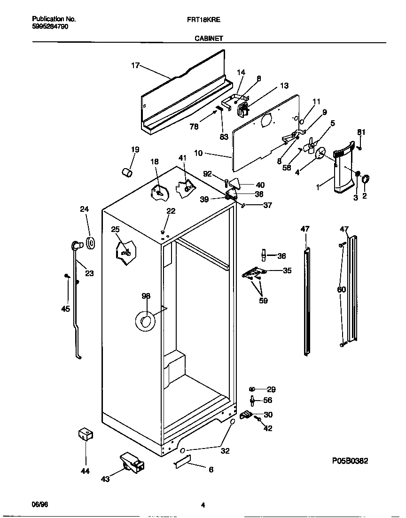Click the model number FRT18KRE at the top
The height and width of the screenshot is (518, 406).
[207, 20]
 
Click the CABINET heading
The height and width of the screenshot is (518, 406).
[209, 39]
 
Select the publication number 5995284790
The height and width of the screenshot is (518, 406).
[50, 27]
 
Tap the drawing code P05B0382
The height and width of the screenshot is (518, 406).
[343, 461]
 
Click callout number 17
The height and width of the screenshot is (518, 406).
[135, 66]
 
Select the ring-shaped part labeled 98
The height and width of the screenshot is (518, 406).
[145, 321]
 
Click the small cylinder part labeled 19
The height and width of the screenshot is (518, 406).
[126, 172]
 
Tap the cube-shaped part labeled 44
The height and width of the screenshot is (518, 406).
[85, 435]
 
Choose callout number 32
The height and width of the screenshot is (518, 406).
[225, 451]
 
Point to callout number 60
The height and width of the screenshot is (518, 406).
[342, 289]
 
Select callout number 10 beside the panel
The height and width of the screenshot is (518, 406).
[198, 153]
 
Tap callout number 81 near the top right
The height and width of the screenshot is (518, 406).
[360, 132]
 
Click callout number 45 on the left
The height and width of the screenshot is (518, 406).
[65, 309]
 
